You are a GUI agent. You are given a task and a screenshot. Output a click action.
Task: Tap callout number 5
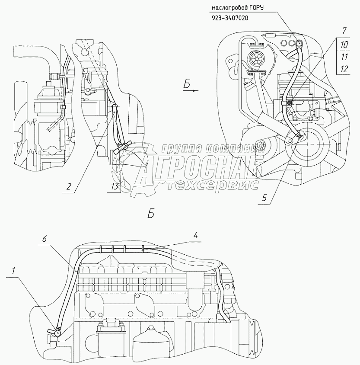point(264,198)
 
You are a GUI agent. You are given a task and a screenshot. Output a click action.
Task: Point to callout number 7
point(344,31)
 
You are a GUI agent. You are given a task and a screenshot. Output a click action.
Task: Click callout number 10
point(344,45)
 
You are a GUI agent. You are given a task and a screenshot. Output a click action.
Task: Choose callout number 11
point(344,57)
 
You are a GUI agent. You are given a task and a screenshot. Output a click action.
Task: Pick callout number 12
point(344,69)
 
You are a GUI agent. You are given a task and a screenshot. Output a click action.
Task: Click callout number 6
point(45,239)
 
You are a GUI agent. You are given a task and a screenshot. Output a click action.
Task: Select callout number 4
point(196,236)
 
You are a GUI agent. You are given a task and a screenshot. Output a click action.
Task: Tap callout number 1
point(13,270)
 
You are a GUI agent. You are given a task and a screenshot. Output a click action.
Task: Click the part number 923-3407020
point(230,18)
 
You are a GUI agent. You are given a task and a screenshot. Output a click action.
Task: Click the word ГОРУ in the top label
point(257,8)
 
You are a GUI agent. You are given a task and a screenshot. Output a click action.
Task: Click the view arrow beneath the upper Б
point(191,90)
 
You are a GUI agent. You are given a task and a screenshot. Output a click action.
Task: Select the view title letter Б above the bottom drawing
point(151,214)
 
